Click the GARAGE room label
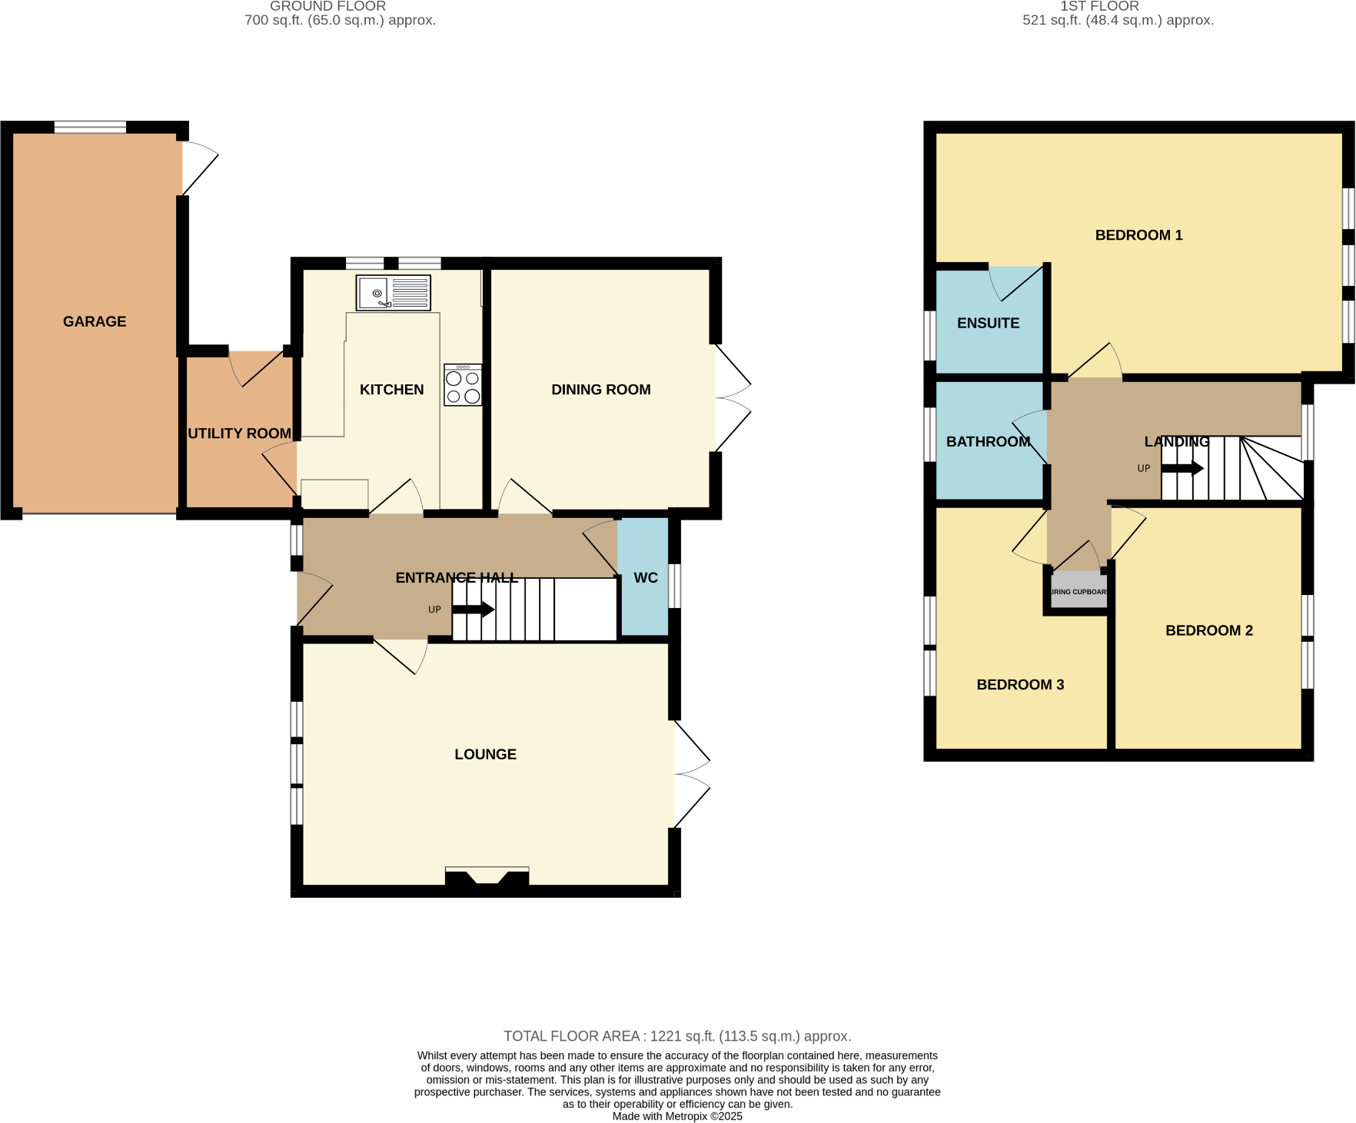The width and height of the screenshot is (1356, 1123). pos(95,321)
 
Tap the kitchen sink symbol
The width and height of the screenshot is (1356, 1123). pos(393,293)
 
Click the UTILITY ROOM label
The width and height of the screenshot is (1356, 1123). pos(239,434)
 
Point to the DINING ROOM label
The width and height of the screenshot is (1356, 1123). pos(600,390)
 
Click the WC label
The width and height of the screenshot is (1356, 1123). pos(645,578)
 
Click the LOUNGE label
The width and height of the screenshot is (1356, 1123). pos(485,754)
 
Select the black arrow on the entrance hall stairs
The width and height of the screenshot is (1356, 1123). pos(474,610)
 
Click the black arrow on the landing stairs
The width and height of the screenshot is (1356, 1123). pos(1182,468)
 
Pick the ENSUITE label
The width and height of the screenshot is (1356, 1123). pos(988,323)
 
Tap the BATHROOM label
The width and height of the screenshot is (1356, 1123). pos(988,441)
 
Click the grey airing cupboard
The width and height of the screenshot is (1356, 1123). pos(1078,591)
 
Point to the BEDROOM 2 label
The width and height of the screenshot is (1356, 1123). pos(1208,630)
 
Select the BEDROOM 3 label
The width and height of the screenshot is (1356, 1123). pos(1020,684)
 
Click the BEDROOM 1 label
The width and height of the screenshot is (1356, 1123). pos(1138,235)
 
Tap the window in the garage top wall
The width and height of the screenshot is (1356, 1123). pos(90,127)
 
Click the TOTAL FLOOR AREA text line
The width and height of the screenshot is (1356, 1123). pos(676,1036)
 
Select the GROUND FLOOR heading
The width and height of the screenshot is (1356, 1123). pos(327,7)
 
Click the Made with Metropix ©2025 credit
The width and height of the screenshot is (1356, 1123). pos(676,1116)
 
